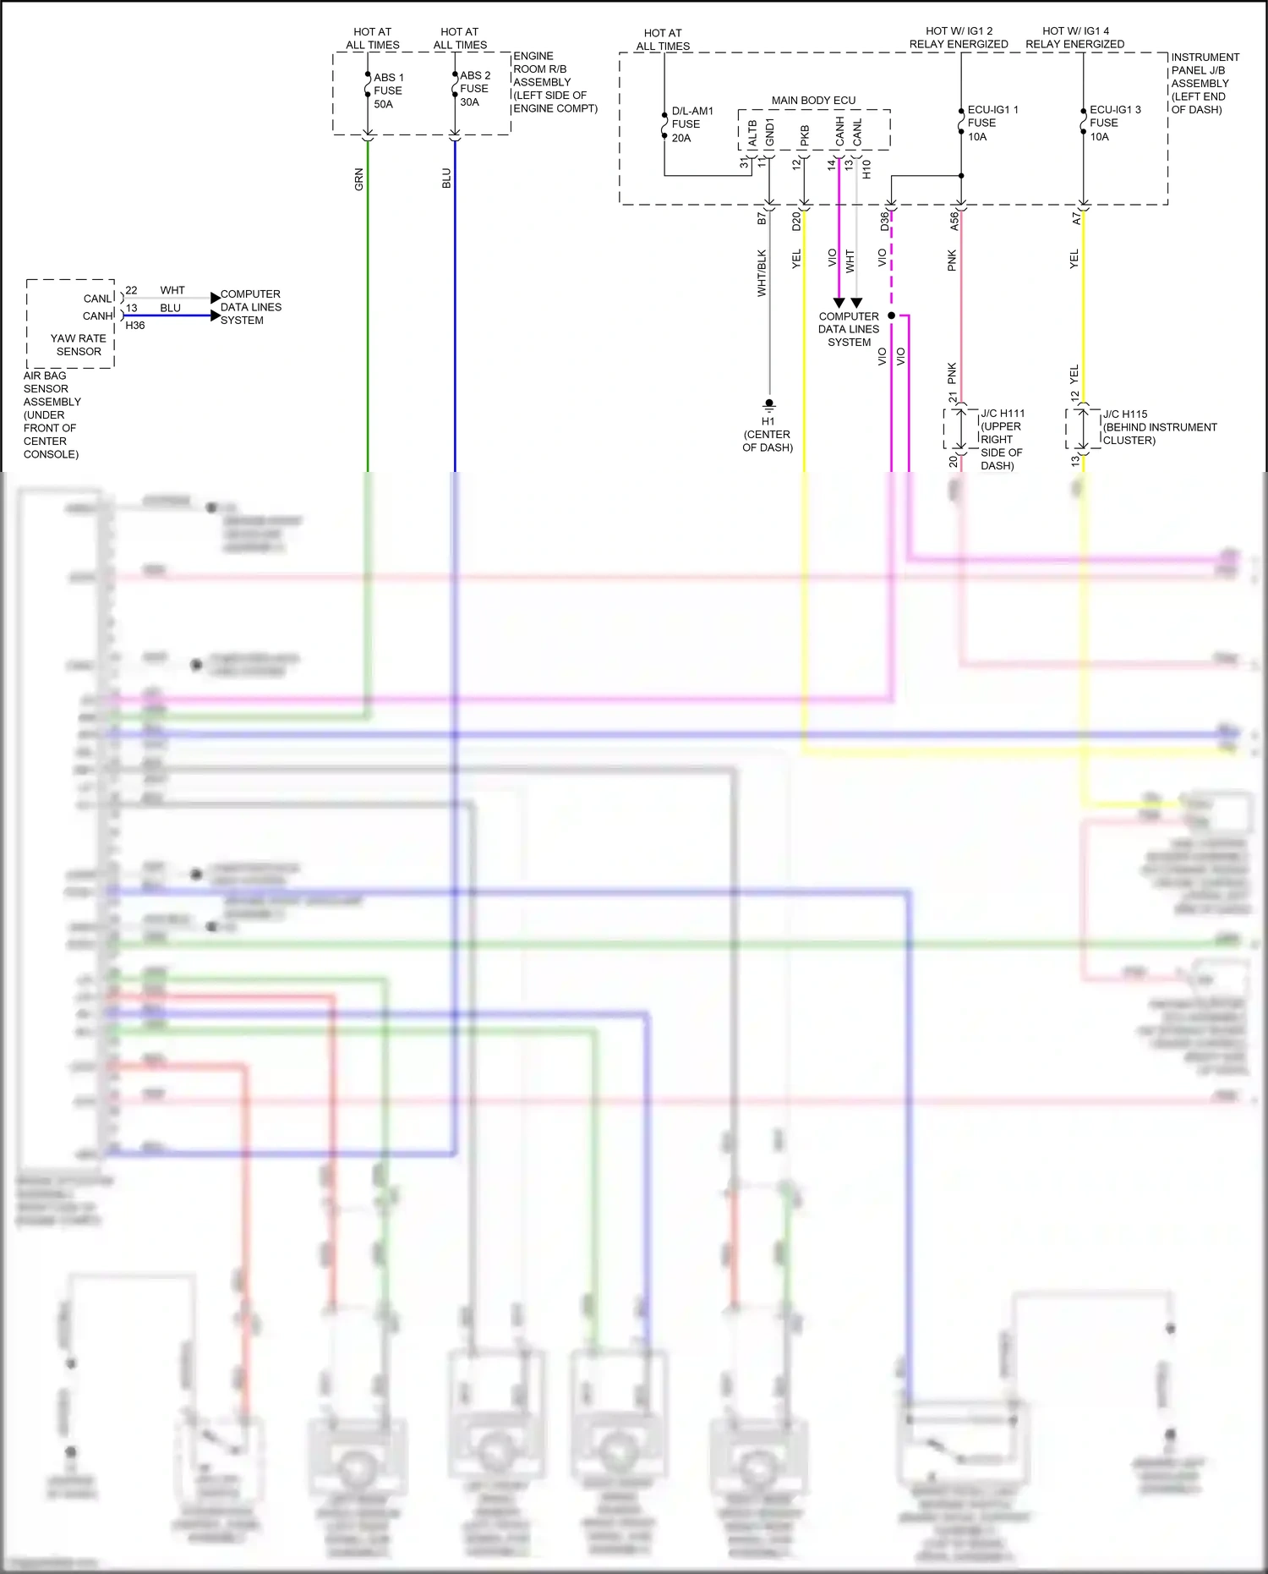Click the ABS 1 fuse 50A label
388,90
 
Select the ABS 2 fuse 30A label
474,89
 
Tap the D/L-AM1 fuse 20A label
691,124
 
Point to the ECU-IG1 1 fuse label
992,123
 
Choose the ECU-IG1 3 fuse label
1114,123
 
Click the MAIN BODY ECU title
813,101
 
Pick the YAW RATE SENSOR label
79,344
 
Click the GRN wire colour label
359,179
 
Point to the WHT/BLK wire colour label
762,272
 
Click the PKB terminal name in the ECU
805,135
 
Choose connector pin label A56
954,221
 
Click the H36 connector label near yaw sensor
135,326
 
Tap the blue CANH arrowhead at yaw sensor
215,315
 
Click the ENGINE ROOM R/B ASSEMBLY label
555,82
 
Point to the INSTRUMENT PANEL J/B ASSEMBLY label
1205,83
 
